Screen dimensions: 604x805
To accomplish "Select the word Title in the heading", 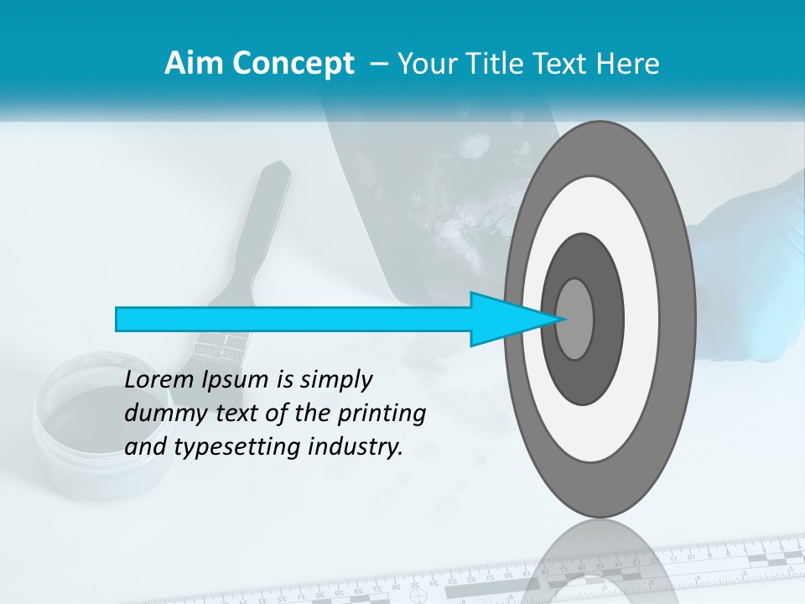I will (x=512, y=64).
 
